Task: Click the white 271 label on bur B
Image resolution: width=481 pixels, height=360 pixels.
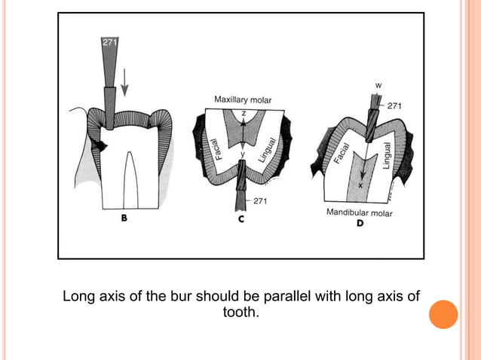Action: click(x=109, y=42)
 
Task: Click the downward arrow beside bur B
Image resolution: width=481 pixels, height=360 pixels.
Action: click(x=124, y=82)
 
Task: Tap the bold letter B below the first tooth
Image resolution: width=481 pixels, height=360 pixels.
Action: click(x=124, y=218)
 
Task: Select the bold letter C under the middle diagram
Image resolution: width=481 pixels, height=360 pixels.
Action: click(x=241, y=219)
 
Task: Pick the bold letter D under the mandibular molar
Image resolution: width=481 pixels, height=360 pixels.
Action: click(x=360, y=223)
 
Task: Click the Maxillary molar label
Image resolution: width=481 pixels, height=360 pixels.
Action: click(x=243, y=100)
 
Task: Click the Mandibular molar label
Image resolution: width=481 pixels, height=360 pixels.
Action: click(x=359, y=212)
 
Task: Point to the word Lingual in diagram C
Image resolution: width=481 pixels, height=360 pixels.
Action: click(x=267, y=150)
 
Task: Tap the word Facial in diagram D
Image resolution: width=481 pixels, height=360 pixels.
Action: click(x=342, y=153)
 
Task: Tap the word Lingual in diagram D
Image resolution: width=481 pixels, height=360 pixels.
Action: click(x=387, y=156)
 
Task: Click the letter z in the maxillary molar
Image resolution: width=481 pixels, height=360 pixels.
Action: click(x=244, y=114)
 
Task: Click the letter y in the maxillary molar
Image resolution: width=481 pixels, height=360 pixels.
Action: click(x=243, y=154)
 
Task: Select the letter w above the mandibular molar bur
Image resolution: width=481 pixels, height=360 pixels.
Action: click(x=378, y=85)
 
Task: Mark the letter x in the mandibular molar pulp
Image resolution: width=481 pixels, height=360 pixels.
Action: click(x=360, y=185)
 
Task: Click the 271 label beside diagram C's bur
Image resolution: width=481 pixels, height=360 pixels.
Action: click(x=260, y=201)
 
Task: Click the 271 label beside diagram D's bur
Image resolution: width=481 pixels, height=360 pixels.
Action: click(x=394, y=106)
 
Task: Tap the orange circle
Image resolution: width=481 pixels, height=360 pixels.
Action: click(x=443, y=314)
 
